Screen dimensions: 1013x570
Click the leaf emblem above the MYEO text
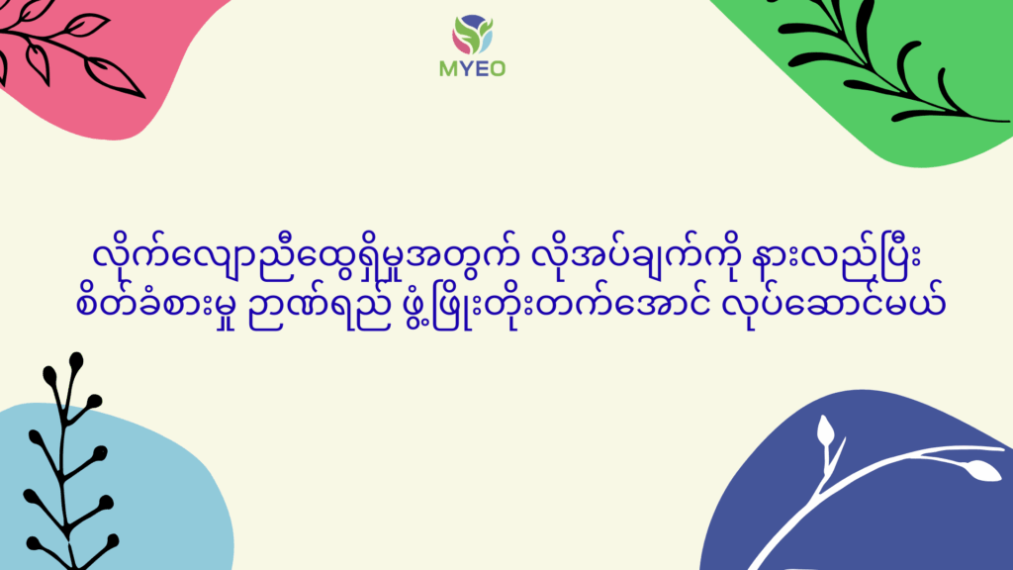point(472,35)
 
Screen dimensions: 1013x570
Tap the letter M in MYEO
point(448,68)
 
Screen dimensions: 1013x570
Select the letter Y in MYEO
point(465,68)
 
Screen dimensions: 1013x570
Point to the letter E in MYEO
point(480,68)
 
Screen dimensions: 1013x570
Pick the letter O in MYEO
point(497,68)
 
